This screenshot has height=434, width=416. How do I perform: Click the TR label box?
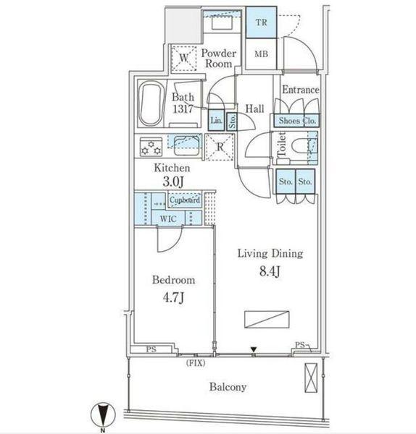[260, 22]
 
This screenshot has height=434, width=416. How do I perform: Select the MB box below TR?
[260, 54]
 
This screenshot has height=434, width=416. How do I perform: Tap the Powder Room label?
[217, 59]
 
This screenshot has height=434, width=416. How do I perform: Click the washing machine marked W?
[183, 57]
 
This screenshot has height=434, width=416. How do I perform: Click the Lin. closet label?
[216, 121]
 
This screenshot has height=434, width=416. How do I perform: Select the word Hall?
[254, 109]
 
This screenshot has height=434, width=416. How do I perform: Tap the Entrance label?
[300, 90]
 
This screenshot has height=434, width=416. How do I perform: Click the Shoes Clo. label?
[296, 122]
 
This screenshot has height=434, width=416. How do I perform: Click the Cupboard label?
[186, 200]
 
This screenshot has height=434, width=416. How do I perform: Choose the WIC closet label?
[167, 218]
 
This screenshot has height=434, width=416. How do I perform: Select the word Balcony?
[228, 387]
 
